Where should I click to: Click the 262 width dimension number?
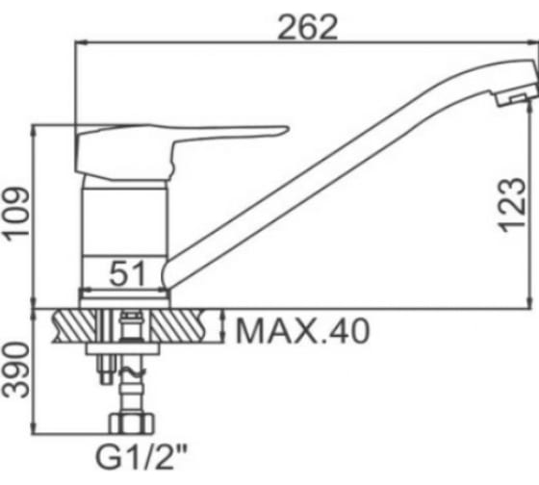(x=307, y=28)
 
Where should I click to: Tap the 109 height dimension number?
(x=16, y=212)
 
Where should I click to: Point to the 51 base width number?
(x=127, y=273)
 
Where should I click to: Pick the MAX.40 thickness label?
(x=303, y=331)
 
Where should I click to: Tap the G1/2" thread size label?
(x=141, y=458)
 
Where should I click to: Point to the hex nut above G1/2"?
(x=132, y=423)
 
